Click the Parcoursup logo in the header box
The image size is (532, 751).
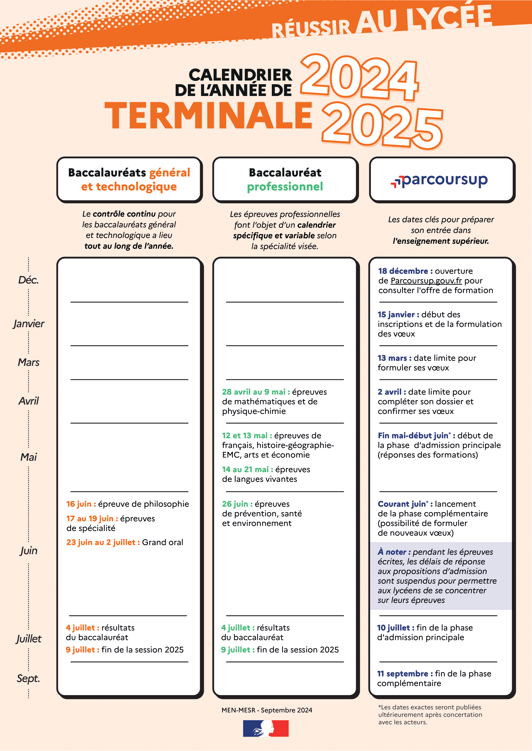(439, 180)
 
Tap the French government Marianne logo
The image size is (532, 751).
(266, 729)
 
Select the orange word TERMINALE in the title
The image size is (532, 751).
(208, 116)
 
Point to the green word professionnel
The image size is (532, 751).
(285, 187)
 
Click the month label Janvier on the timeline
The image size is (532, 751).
(29, 324)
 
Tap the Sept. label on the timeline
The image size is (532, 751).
(28, 678)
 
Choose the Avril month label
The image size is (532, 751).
(29, 401)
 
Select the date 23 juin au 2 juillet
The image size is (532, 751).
(103, 542)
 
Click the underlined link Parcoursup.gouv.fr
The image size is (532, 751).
(426, 281)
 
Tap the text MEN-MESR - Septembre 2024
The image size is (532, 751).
(267, 710)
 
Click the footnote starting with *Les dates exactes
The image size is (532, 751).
(430, 714)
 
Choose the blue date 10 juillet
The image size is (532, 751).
(395, 628)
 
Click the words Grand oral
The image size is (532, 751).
(162, 542)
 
